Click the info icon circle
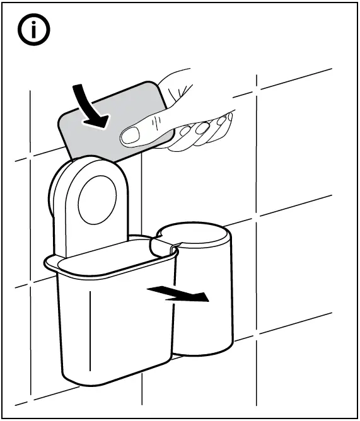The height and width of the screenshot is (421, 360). (x=33, y=32)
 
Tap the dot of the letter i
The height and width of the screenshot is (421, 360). (x=33, y=24)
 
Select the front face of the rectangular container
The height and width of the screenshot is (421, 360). (x=113, y=321)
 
